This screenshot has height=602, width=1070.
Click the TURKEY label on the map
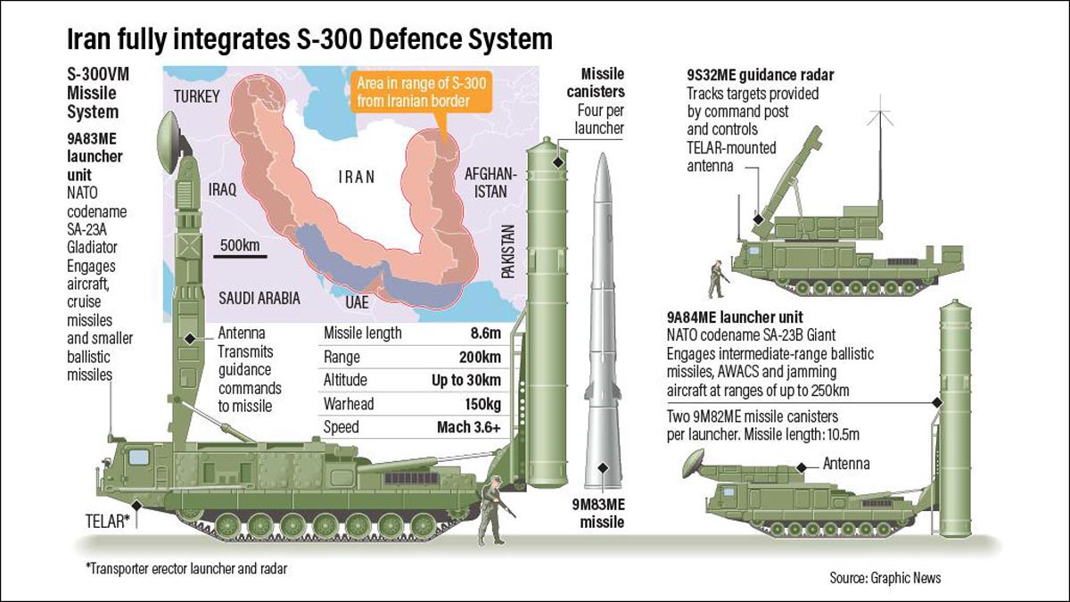196,96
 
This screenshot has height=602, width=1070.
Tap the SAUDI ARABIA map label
258,298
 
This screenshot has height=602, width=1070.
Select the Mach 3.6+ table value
469,426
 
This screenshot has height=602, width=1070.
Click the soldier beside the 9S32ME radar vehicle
715,279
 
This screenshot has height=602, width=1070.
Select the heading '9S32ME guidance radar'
761,75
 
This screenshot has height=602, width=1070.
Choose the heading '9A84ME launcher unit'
735,317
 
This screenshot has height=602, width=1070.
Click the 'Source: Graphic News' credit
885,577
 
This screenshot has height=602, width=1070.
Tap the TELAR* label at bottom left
108,521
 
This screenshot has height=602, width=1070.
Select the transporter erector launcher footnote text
186,567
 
